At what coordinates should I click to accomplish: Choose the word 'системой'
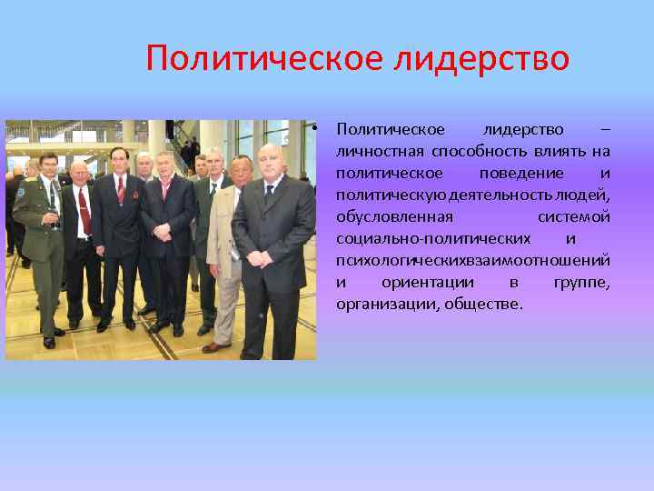[573, 216]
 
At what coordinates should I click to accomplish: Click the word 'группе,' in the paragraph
[581, 282]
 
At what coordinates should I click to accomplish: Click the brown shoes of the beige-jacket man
[215, 346]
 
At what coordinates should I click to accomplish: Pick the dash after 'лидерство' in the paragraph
[605, 129]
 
